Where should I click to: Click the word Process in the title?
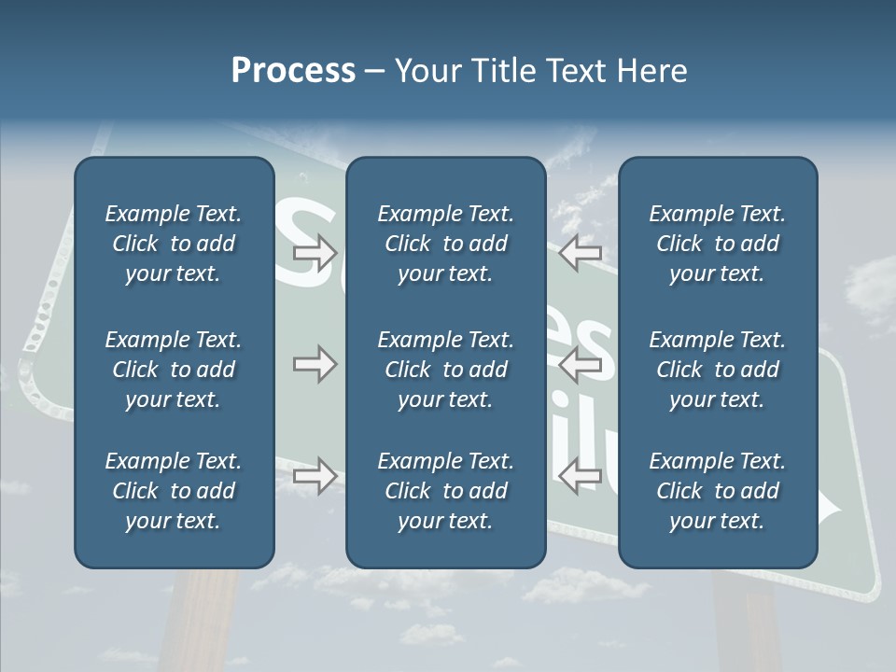pyautogui.click(x=293, y=71)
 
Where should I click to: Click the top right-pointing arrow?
pyautogui.click(x=315, y=252)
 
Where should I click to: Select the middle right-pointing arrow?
pyautogui.click(x=315, y=365)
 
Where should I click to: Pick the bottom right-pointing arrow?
pyautogui.click(x=315, y=475)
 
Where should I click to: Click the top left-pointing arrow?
pyautogui.click(x=581, y=252)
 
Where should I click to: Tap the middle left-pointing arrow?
pyautogui.click(x=581, y=365)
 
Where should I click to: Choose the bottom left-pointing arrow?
pyautogui.click(x=581, y=475)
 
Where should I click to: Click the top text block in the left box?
pyautogui.click(x=174, y=244)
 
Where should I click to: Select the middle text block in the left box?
pyautogui.click(x=174, y=370)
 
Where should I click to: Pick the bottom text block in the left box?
pyautogui.click(x=174, y=491)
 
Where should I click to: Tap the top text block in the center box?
pyautogui.click(x=445, y=244)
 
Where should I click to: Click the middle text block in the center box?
pyautogui.click(x=445, y=370)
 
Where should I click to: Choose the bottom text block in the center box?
pyautogui.click(x=445, y=491)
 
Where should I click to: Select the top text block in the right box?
pyautogui.click(x=717, y=244)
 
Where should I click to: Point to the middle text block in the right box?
pyautogui.click(x=717, y=370)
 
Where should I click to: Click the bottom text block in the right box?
pyautogui.click(x=717, y=491)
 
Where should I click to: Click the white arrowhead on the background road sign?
pyautogui.click(x=830, y=510)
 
